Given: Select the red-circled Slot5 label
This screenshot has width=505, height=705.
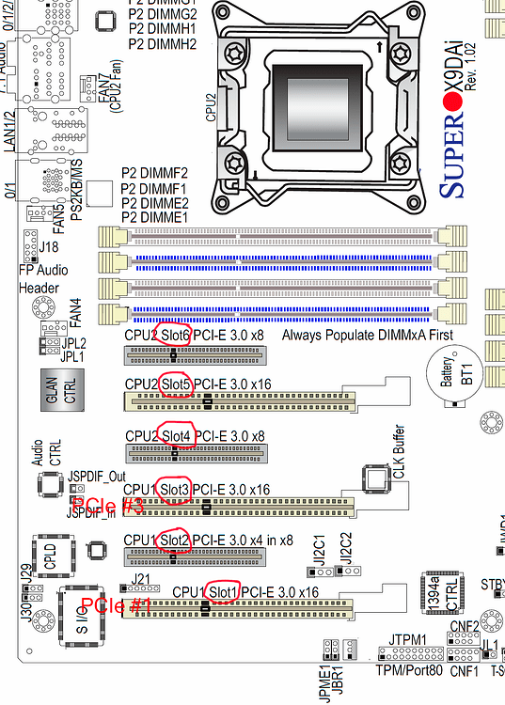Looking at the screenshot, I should [x=177, y=384].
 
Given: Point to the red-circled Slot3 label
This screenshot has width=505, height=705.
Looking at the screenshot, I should [x=176, y=490].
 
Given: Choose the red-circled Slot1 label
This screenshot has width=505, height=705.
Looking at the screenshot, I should [x=222, y=591].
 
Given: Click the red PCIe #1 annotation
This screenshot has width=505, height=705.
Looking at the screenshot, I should [x=117, y=605].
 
